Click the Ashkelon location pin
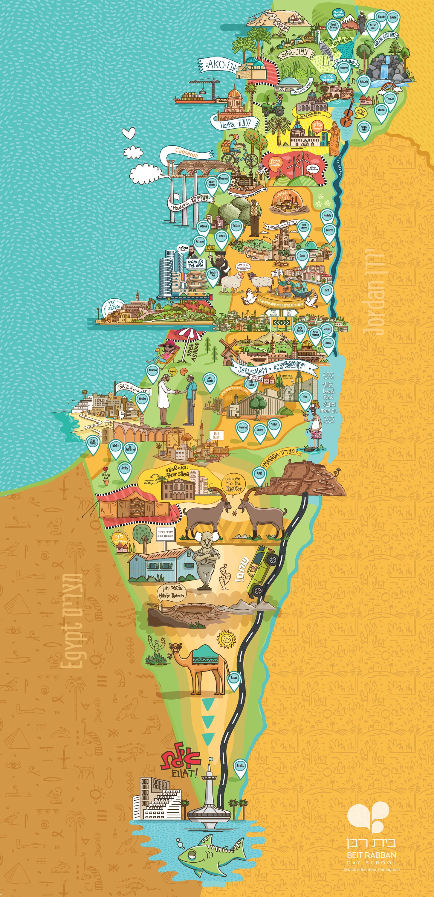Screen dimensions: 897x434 (153, 371)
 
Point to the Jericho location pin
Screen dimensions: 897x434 (326, 329)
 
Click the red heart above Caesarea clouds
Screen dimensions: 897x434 (129, 133)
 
